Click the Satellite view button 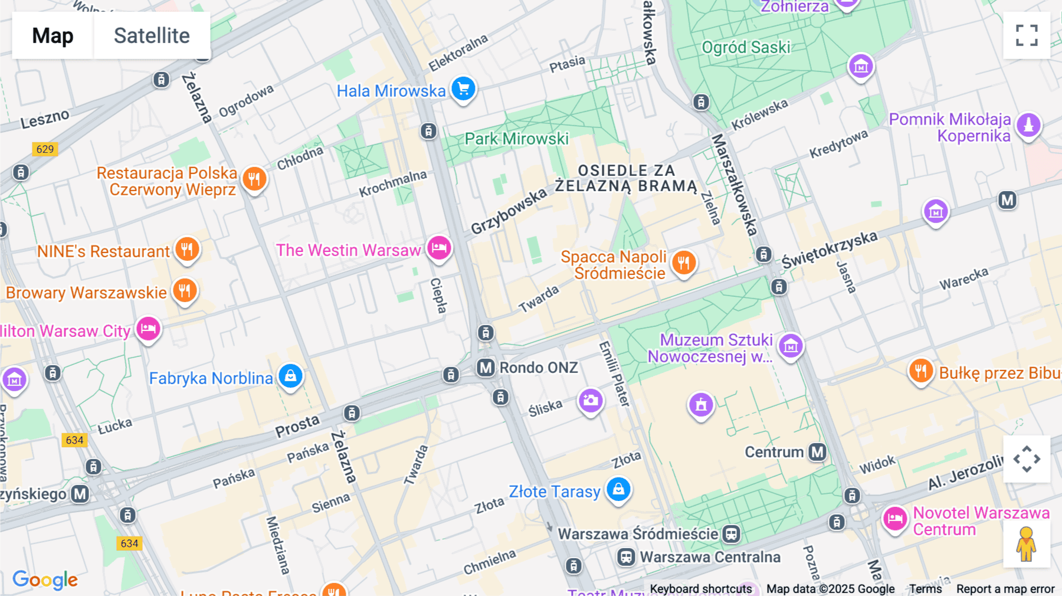coord(152,35)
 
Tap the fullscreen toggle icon coord(1027,35)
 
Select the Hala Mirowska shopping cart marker coord(464,89)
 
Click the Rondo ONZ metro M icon coord(486,368)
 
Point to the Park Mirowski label coord(516,139)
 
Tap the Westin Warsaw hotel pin coord(439,247)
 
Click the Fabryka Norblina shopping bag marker coord(290,375)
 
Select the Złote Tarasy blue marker coord(618,489)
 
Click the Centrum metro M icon coord(817,452)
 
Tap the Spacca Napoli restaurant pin coord(684,262)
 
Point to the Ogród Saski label coord(746,47)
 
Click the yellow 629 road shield coord(45,149)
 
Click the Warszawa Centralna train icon coord(626,557)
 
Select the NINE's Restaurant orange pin coord(187,248)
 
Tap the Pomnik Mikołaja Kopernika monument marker coord(1028,125)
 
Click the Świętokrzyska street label coord(829,250)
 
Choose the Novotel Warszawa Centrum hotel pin coord(894,519)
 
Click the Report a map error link coord(1005,588)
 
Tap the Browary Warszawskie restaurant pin coord(185,290)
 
